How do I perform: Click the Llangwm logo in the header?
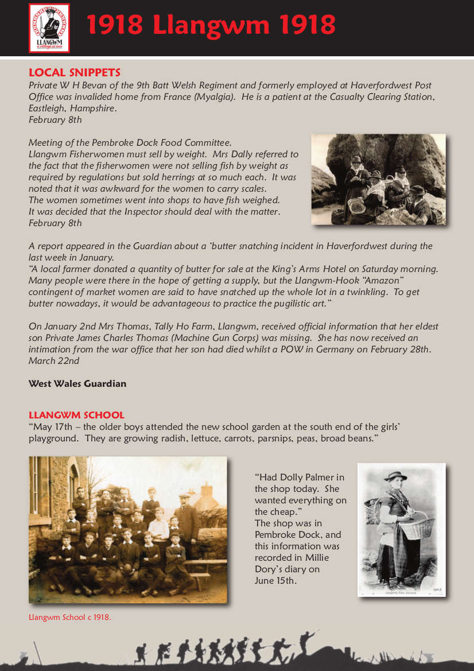click(x=49, y=28)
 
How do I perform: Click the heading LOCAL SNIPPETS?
click(x=75, y=73)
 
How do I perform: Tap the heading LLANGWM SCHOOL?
click(x=76, y=415)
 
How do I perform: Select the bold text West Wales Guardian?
click(x=77, y=383)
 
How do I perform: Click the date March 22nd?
click(x=54, y=361)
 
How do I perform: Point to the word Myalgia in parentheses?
click(x=213, y=97)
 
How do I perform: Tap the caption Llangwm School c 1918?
click(x=69, y=618)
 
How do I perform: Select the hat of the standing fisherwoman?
click(x=395, y=476)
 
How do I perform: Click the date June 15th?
click(x=275, y=580)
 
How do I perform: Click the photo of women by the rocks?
click(x=378, y=179)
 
